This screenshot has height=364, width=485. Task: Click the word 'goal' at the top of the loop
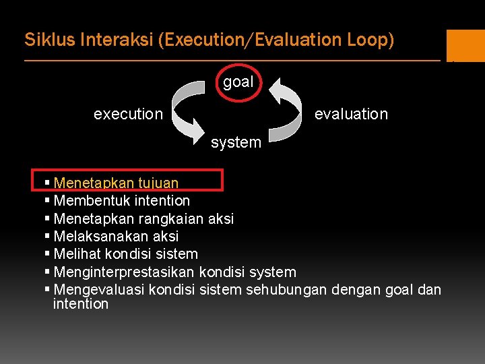click(238, 82)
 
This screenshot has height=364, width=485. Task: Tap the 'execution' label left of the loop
click(128, 114)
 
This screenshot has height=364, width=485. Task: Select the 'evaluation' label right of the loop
click(351, 114)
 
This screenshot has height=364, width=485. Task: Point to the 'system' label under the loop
click(236, 142)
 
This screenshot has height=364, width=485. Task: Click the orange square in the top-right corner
click(465, 46)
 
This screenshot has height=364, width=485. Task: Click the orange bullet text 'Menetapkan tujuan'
click(116, 183)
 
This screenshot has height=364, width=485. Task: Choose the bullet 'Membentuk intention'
click(121, 200)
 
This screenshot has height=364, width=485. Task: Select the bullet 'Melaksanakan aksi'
click(116, 236)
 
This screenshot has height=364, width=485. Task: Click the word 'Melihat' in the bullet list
click(75, 254)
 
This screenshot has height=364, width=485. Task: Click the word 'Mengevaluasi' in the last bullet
click(98, 290)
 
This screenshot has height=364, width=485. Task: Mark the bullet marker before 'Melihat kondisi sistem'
click(46, 254)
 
